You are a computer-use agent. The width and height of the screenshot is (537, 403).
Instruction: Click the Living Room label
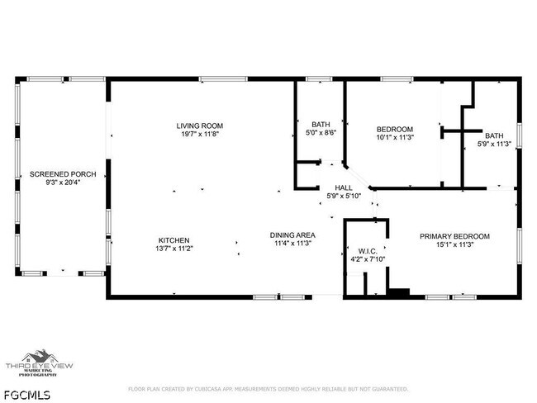(x=199, y=126)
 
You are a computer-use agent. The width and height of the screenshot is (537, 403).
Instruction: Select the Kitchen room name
(x=173, y=239)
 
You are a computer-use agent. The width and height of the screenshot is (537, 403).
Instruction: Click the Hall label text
(x=344, y=187)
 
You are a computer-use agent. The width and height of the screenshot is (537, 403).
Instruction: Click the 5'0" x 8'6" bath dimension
(x=321, y=132)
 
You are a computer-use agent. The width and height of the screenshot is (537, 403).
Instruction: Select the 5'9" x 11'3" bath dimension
(x=495, y=144)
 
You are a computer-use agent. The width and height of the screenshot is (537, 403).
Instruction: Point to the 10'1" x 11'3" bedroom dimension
(x=395, y=137)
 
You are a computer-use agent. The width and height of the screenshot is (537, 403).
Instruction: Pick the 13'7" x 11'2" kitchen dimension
(x=173, y=248)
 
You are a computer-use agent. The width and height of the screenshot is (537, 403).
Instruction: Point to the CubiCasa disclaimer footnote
(x=268, y=388)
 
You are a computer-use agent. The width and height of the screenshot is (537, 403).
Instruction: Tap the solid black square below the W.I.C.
(x=399, y=292)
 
